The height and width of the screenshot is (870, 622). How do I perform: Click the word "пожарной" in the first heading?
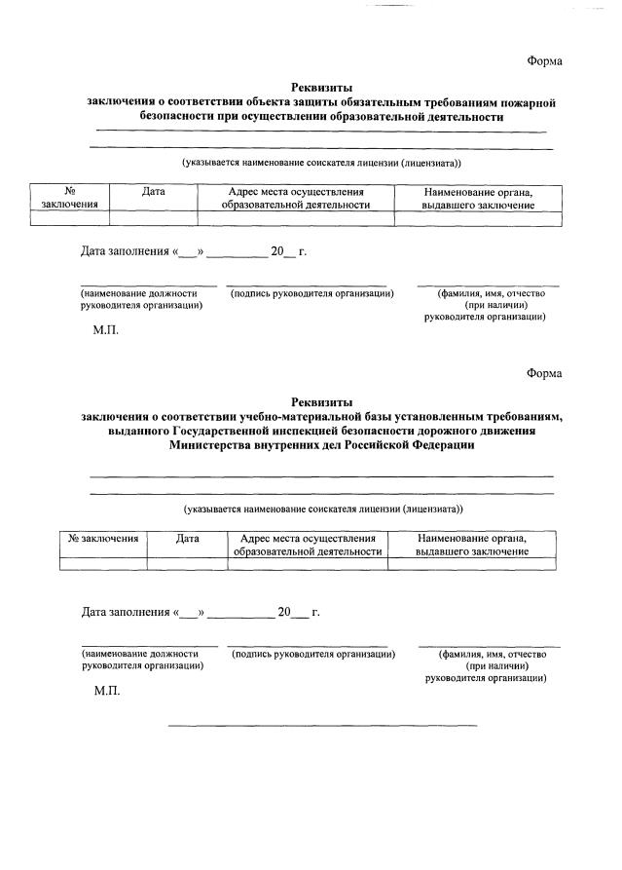point(530,101)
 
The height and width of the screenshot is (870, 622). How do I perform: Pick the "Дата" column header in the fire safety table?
point(153,192)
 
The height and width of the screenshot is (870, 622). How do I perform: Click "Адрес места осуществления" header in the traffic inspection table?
point(308,538)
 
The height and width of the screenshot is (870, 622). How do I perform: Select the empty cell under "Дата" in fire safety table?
point(153,219)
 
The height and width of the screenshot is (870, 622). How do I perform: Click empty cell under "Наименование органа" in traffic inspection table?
point(472,563)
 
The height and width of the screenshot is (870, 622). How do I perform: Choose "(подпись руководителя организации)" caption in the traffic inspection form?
point(313,654)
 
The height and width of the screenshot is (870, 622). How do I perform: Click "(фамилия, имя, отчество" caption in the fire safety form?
point(490,292)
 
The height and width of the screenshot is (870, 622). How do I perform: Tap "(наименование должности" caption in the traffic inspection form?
point(139,654)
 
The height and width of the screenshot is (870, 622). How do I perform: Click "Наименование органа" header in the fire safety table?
point(478,192)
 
